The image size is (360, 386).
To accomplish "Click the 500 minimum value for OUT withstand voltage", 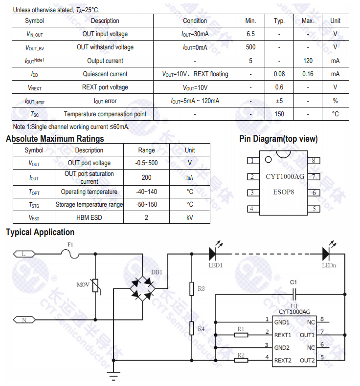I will (x=250, y=47).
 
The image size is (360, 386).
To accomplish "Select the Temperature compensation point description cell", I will (x=105, y=114).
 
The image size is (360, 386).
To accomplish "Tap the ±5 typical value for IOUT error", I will (x=279, y=101).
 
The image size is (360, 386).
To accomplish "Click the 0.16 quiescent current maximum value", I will (x=307, y=74).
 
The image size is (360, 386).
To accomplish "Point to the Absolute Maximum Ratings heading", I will (x=55, y=139).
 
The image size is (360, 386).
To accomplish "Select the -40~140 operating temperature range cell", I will (x=146, y=192).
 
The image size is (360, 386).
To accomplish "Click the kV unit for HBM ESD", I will (x=190, y=217).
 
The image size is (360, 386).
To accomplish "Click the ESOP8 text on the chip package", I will (x=284, y=192).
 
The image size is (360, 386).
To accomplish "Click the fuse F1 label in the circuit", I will (x=70, y=244).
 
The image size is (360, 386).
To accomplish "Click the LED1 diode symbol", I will (x=213, y=254).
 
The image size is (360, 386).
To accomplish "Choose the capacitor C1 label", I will (x=293, y=282).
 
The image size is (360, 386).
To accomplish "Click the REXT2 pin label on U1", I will (x=283, y=361).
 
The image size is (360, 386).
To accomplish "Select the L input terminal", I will (x=24, y=254).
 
